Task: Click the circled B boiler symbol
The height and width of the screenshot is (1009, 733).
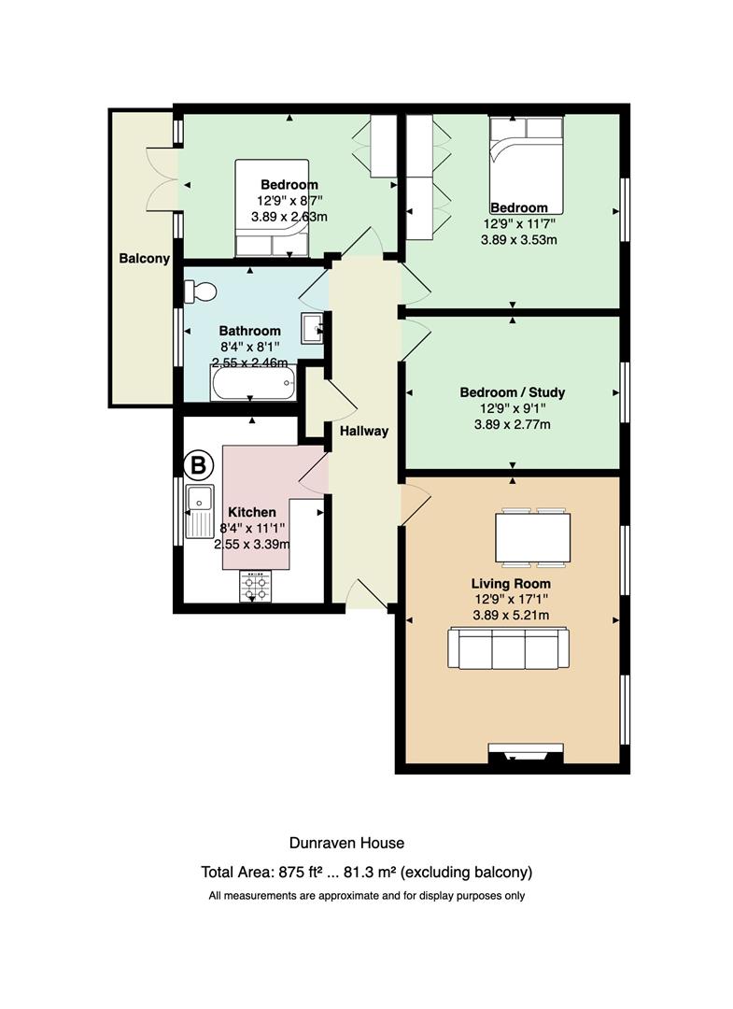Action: pyautogui.click(x=198, y=464)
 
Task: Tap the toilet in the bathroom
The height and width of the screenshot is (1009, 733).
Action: pyautogui.click(x=201, y=291)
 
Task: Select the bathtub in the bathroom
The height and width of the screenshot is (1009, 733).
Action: pyautogui.click(x=253, y=383)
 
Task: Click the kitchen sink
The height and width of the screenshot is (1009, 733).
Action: pyautogui.click(x=200, y=512)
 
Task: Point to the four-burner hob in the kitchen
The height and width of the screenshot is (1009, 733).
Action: pyautogui.click(x=256, y=586)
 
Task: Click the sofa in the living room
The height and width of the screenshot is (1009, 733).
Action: pyautogui.click(x=509, y=648)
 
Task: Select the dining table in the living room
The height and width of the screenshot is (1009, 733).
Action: pyautogui.click(x=532, y=537)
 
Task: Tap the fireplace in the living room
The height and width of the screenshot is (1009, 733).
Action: pyautogui.click(x=526, y=754)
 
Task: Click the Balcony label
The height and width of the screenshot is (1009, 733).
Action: pyautogui.click(x=145, y=259)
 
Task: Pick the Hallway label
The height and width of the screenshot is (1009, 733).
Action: pyautogui.click(x=364, y=431)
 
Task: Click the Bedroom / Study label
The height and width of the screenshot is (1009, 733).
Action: pyautogui.click(x=513, y=392)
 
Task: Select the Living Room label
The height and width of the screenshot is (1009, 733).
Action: pyautogui.click(x=511, y=584)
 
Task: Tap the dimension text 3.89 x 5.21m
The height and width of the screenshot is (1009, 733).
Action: pyautogui.click(x=511, y=615)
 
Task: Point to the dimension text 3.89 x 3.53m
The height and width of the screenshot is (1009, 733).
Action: pyautogui.click(x=519, y=240)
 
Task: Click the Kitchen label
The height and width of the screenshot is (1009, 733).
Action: pyautogui.click(x=252, y=512)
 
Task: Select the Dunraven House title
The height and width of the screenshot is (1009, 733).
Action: pyautogui.click(x=346, y=843)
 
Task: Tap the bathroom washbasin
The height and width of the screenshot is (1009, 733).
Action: pyautogui.click(x=312, y=328)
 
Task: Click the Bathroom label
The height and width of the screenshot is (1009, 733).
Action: pyautogui.click(x=250, y=331)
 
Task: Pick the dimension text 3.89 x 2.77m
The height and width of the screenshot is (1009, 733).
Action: pyautogui.click(x=513, y=425)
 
